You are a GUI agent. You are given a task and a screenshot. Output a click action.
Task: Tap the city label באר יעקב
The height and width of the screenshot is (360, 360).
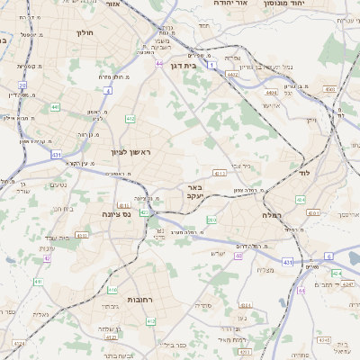point(193,192)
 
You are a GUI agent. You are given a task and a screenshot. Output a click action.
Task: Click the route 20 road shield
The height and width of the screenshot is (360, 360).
point(22,85)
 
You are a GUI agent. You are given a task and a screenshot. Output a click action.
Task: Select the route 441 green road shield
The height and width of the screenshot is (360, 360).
point(56,107)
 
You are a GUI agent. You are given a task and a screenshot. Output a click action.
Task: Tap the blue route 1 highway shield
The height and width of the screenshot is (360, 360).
point(211,66)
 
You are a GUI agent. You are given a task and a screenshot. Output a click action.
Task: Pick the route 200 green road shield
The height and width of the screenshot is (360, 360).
point(211,220)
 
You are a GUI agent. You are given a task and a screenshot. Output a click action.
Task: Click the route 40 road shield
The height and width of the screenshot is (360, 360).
point(238,256)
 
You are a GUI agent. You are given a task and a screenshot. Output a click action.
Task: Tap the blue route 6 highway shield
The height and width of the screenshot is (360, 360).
point(329,256)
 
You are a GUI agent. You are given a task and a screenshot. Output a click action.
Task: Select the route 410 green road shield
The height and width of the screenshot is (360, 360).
point(112,290)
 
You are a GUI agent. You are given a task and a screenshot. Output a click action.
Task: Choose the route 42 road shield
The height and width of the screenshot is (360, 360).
point(46,258)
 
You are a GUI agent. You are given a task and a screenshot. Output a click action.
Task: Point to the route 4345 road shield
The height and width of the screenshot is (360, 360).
point(312,213)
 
